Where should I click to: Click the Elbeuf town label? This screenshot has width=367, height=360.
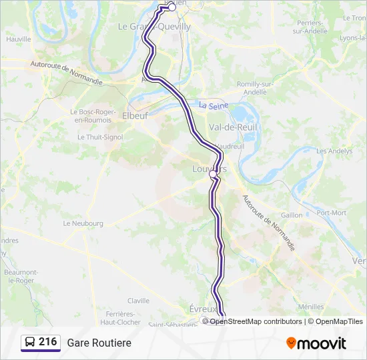tap(135, 115)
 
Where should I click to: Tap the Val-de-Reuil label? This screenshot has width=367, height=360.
tap(234, 127)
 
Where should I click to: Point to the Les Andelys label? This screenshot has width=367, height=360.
tap(334, 151)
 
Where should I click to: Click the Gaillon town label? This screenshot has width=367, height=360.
tap(292, 215)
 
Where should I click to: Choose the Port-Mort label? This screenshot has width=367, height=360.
tap(331, 213)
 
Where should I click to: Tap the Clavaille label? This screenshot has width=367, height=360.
tap(138, 301)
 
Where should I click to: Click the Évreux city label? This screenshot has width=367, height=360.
tap(203, 309)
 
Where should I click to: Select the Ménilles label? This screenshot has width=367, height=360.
tap(311, 307)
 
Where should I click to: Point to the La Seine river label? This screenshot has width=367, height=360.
tap(213, 105)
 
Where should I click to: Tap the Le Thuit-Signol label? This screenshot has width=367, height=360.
tap(99, 137)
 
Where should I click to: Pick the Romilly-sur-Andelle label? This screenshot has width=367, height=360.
tap(256, 88)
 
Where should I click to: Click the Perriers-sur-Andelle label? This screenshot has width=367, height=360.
tap(308, 27)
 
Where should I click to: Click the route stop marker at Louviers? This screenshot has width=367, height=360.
tap(213, 174)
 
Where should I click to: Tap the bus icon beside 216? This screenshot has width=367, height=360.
tap(31, 343)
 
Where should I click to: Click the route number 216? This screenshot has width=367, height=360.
tap(48, 342)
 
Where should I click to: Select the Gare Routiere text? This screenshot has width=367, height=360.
tap(99, 343)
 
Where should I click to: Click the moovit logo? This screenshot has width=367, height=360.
tap(316, 343)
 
